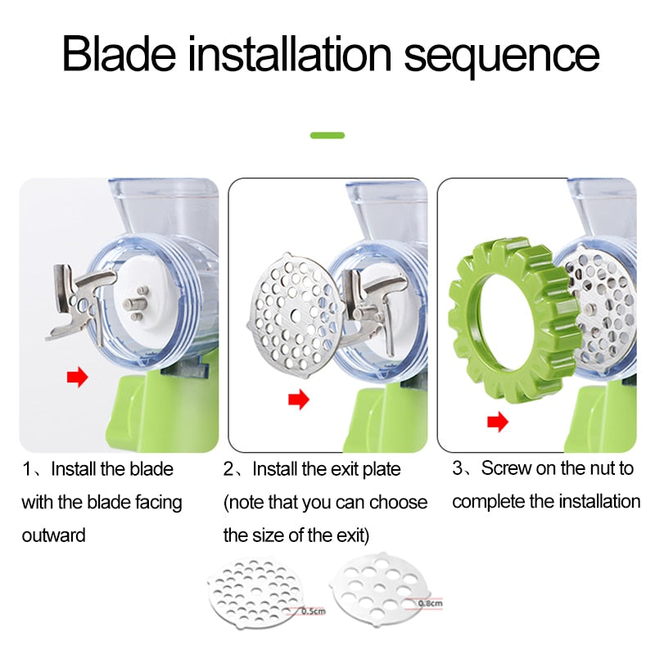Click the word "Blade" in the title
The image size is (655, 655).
click(119, 54)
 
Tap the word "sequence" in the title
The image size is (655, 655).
click(502, 57)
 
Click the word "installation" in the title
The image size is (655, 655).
click(290, 54)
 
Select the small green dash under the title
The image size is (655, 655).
click(327, 135)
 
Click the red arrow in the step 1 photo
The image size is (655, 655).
click(78, 377)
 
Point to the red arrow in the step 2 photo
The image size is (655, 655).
click(298, 400)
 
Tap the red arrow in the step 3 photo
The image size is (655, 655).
click(498, 422)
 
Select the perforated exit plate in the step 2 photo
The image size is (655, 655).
click(296, 316)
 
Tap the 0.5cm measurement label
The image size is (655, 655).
click(314, 611)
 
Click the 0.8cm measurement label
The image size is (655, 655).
click(431, 603)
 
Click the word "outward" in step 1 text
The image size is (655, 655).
click(53, 535)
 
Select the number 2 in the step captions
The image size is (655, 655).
click(228, 469)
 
